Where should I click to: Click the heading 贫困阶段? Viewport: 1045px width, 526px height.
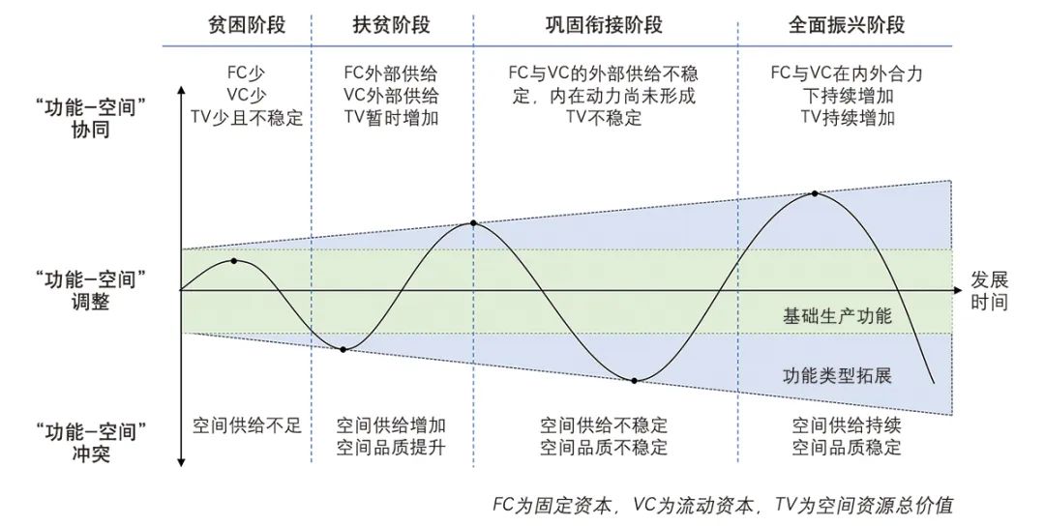[247, 25]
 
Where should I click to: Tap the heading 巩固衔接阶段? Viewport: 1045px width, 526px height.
[604, 25]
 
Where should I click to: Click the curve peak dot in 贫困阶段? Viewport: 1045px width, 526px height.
[234, 261]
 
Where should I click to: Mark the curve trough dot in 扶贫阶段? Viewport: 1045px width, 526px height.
[343, 349]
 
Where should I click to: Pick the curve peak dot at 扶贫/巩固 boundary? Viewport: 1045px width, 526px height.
[473, 223]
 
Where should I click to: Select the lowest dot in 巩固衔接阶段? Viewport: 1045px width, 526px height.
[635, 380]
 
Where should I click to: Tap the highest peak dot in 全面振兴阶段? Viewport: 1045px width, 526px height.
[815, 193]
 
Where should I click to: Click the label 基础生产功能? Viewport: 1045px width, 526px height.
[837, 316]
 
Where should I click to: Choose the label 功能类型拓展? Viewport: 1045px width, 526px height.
[837, 376]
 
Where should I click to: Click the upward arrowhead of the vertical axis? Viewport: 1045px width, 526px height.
[181, 90]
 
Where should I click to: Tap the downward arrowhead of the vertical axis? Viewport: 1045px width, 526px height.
[181, 463]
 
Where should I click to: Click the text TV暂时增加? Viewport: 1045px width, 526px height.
[392, 118]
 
